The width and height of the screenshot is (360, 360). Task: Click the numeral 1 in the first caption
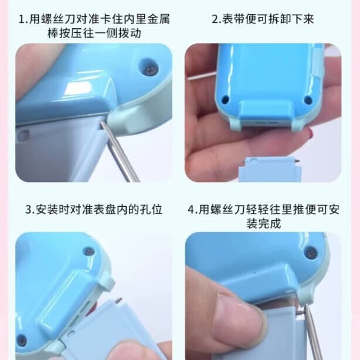(x=21, y=19)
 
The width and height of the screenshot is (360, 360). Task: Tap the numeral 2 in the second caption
(x=215, y=19)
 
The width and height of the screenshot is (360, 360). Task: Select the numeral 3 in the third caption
(x=28, y=210)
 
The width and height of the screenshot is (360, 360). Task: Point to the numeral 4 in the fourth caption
(x=191, y=210)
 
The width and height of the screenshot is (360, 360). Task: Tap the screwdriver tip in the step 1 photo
(x=101, y=123)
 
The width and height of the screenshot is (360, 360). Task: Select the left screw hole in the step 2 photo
(x=225, y=99)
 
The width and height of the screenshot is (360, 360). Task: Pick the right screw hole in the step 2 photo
(x=308, y=100)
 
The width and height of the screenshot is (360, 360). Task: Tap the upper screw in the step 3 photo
(x=89, y=252)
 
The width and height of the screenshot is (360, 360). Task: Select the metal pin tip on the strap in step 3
(x=119, y=300)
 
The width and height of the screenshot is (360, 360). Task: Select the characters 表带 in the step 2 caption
(x=233, y=19)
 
